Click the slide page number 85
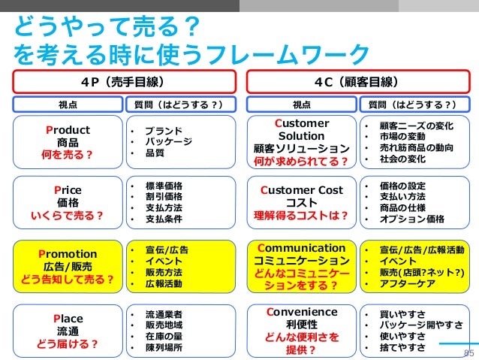click(469, 351)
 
